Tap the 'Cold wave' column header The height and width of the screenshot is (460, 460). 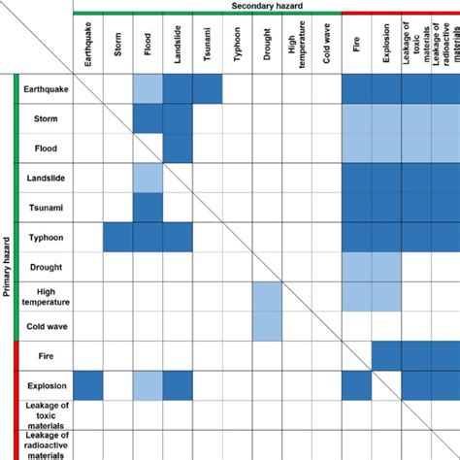point(328,49)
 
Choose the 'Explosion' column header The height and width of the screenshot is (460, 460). point(386,49)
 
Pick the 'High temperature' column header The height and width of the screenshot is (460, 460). point(298,49)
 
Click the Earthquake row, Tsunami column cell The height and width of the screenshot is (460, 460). point(208,88)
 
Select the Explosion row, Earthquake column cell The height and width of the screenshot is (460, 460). point(88,385)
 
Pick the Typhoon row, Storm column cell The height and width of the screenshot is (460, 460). point(118,237)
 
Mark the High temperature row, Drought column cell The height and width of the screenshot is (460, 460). point(267,296)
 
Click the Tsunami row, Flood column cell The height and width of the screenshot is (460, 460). point(148,208)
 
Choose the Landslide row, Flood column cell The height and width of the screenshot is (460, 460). point(148,178)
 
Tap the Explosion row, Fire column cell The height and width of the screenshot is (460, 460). point(356,385)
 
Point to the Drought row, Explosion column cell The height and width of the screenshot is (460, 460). point(386,267)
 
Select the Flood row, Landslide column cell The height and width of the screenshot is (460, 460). point(178,148)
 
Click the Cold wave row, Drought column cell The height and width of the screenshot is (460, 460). point(267,326)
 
